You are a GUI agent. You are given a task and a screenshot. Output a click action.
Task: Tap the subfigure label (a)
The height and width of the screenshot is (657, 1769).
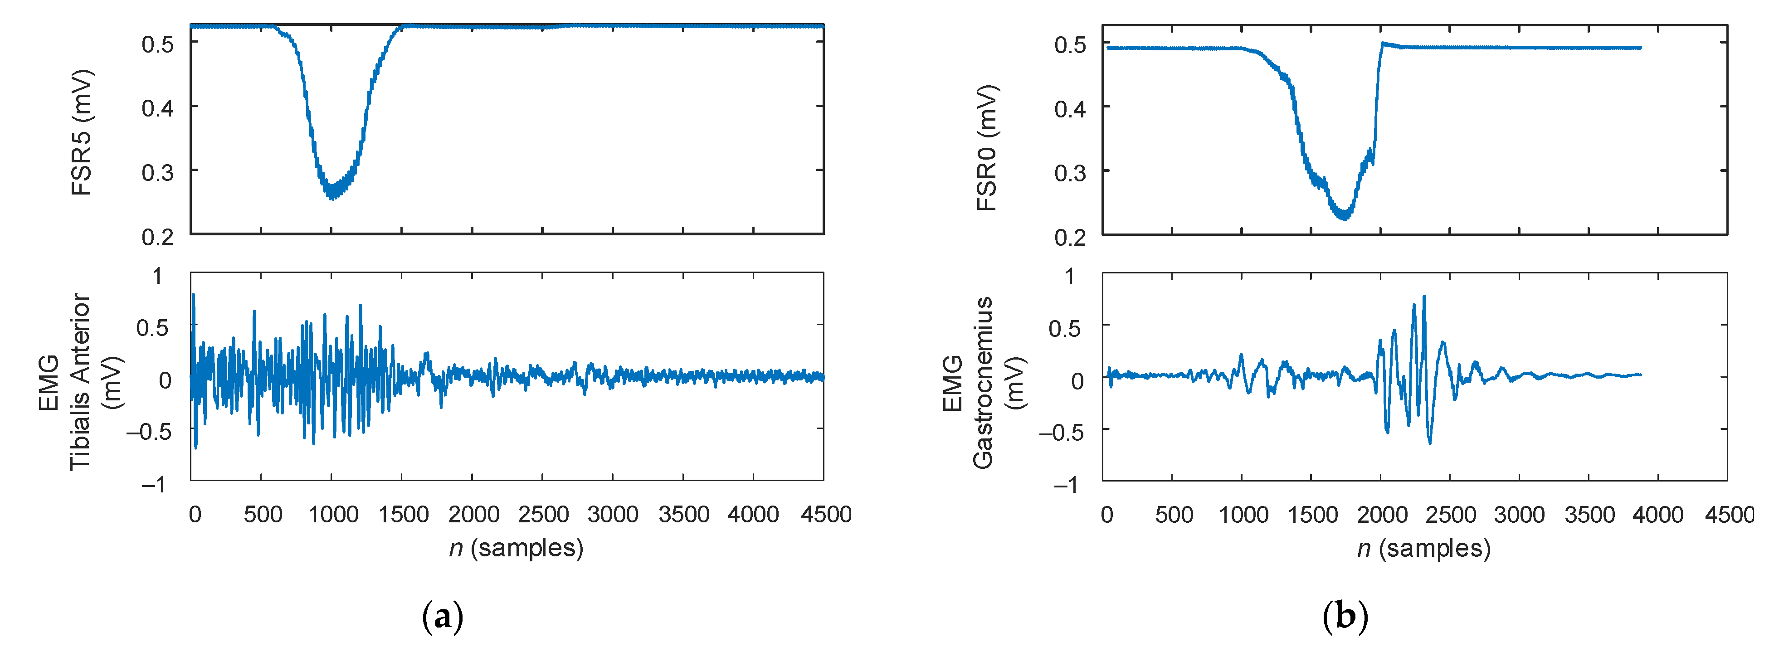tap(443, 617)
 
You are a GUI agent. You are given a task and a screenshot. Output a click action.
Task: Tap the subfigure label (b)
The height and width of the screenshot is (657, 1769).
tap(1345, 617)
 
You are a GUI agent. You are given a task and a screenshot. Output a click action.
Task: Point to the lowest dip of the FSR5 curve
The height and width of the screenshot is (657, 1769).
tap(332, 198)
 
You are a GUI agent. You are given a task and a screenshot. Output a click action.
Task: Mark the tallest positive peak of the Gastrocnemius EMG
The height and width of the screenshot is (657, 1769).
tap(1423, 297)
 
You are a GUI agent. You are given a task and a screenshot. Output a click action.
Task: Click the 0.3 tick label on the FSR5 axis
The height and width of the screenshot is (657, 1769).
tap(157, 172)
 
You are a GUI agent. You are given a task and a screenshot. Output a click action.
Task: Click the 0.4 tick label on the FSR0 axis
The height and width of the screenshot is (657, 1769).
tap(1070, 108)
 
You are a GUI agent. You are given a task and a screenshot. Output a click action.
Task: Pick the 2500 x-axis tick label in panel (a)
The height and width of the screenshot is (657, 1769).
tap(542, 514)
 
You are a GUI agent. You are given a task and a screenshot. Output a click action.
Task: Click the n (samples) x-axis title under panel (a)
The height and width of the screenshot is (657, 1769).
tap(516, 548)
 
